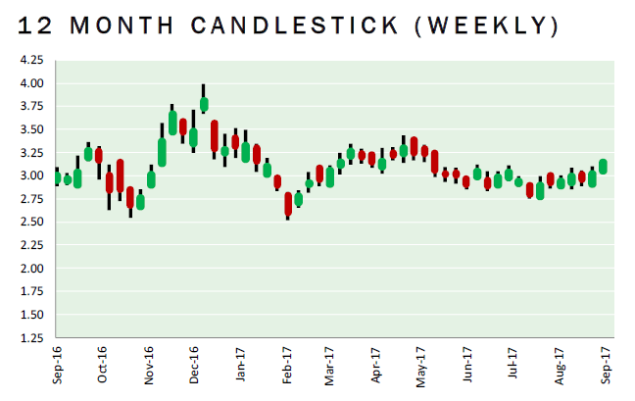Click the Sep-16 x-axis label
pos(57,363)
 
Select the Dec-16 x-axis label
pos(194,363)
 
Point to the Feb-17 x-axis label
pos(287,363)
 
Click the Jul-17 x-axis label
pos(513,363)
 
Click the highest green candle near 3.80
pos(204,104)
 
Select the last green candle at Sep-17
pos(603,167)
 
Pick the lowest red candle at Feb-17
pos(288,203)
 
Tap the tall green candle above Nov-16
pos(162,151)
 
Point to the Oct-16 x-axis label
pos(103,363)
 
